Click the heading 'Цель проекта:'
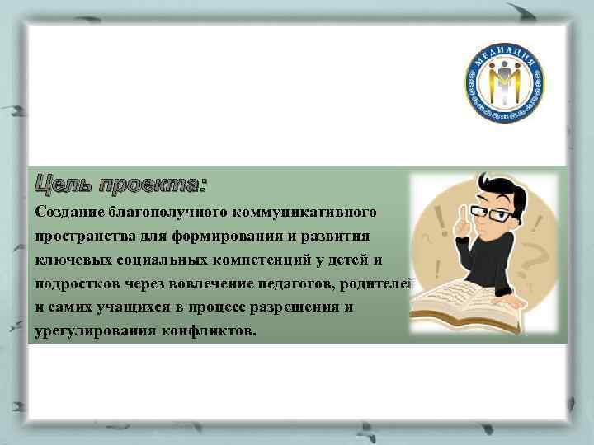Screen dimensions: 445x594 click(120, 183)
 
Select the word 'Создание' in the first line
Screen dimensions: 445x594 click(69, 212)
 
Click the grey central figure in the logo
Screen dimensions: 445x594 click(505, 85)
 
